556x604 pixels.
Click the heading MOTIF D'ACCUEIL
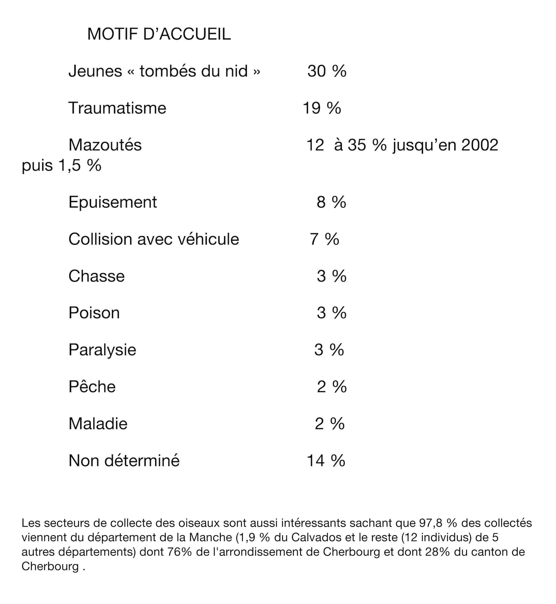click(x=159, y=34)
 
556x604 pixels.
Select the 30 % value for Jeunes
click(x=327, y=71)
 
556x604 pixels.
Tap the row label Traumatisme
click(x=117, y=108)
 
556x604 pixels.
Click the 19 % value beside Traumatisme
click(x=322, y=108)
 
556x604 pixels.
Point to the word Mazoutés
click(x=105, y=145)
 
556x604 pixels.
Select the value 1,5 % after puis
click(x=80, y=166)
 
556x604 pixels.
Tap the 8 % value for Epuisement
click(x=331, y=202)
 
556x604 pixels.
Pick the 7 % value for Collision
click(x=324, y=239)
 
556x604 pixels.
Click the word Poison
click(x=94, y=313)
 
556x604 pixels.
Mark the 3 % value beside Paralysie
click(x=329, y=350)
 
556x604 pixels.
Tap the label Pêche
click(x=92, y=387)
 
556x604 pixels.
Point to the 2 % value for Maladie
click(x=329, y=424)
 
